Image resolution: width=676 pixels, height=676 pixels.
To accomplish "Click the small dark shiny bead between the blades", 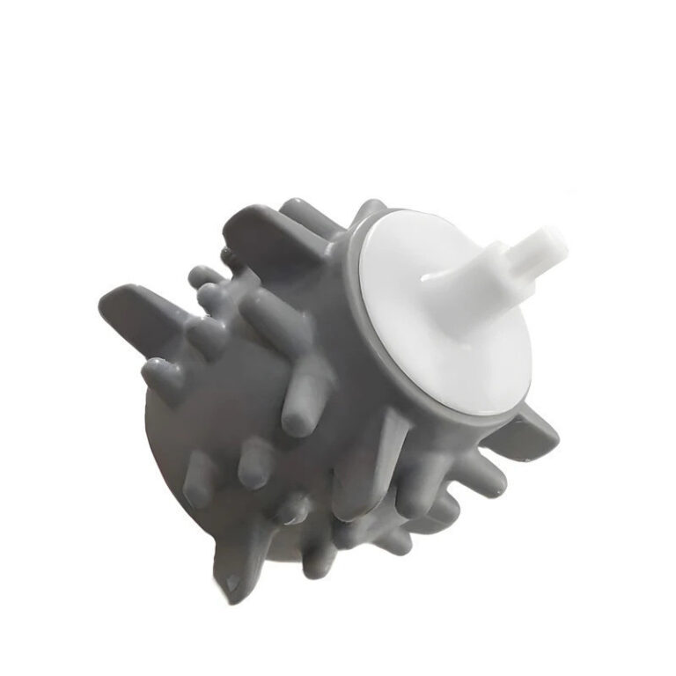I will coord(231,256).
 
